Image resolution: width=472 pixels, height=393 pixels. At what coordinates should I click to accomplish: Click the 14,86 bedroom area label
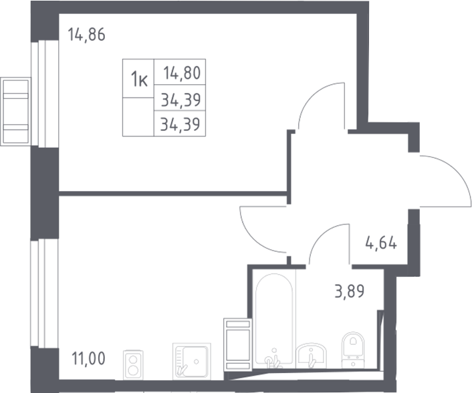87,34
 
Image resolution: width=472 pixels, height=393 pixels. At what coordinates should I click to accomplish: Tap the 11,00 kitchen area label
88,358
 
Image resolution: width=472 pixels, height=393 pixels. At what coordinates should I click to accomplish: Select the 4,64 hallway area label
381,243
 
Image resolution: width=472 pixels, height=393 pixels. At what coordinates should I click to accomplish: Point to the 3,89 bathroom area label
350,291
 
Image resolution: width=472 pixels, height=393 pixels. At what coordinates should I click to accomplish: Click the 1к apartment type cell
139,79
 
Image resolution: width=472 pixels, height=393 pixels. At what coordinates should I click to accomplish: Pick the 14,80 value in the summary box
182,73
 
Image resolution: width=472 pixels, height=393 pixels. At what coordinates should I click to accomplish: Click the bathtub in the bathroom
273,320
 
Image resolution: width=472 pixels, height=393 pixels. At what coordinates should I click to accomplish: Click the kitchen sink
192,362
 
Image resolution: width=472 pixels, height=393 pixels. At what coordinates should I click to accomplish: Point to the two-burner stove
133,365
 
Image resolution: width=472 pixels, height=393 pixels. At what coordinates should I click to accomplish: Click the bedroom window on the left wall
45,94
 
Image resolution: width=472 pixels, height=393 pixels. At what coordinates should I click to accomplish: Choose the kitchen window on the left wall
45,293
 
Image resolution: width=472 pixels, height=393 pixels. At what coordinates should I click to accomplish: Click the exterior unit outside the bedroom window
15,112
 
